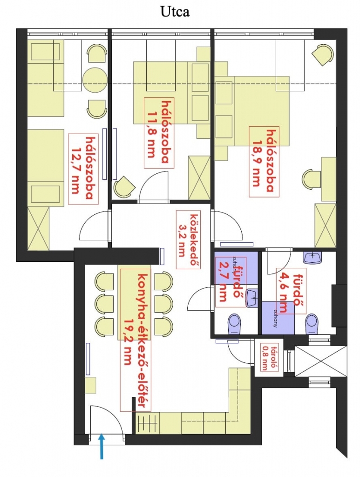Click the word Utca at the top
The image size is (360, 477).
[x=175, y=12]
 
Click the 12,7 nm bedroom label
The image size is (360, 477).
[x=83, y=169]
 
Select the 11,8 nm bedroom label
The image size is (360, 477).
[x=159, y=133]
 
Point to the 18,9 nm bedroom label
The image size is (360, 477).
[x=264, y=162]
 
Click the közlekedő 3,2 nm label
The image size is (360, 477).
[x=188, y=239]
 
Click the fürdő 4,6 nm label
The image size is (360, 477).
[x=291, y=292]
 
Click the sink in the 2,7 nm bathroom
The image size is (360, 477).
[x=252, y=298]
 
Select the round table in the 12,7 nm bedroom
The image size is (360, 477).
[x=95, y=79]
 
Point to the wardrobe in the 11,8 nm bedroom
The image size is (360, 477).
[x=199, y=177]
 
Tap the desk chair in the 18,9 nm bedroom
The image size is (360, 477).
[x=312, y=179]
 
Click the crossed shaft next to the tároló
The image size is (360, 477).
[x=320, y=361]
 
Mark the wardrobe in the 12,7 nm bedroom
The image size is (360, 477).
[x=38, y=228]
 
